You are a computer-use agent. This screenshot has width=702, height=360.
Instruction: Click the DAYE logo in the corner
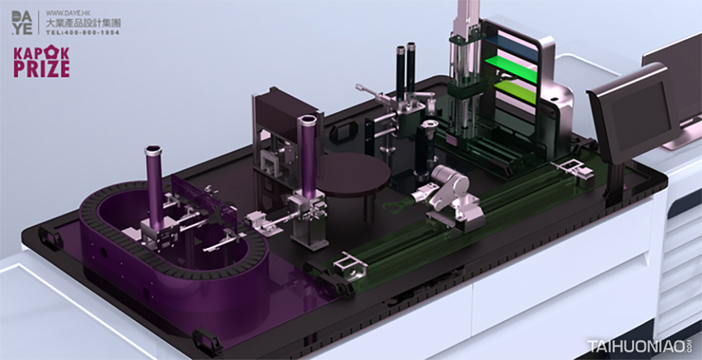pyautogui.click(x=22, y=22)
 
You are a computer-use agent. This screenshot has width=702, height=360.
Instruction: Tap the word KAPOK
pyautogui.click(x=41, y=53)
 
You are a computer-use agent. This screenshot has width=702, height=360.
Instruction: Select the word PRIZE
pyautogui.click(x=41, y=69)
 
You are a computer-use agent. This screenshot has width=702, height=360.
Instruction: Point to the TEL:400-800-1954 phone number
pyautogui.click(x=83, y=33)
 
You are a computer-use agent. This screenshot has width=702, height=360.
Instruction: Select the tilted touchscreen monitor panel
pyautogui.click(x=633, y=112)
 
